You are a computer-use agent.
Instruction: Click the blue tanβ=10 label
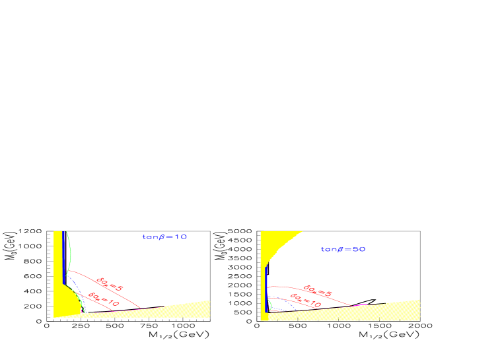[x=165, y=236]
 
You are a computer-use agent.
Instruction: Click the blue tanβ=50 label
[x=343, y=250]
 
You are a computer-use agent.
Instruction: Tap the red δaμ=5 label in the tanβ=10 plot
[x=110, y=283]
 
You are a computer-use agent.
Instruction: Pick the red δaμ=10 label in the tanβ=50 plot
[x=306, y=301]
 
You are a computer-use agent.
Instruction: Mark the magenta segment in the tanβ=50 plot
[x=361, y=305]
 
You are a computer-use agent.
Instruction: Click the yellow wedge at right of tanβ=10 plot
[x=192, y=308]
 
